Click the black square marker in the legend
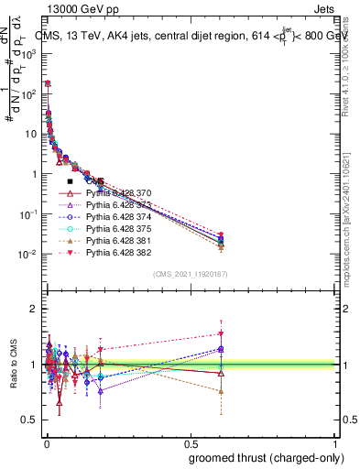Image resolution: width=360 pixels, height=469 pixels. click(70, 182)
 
